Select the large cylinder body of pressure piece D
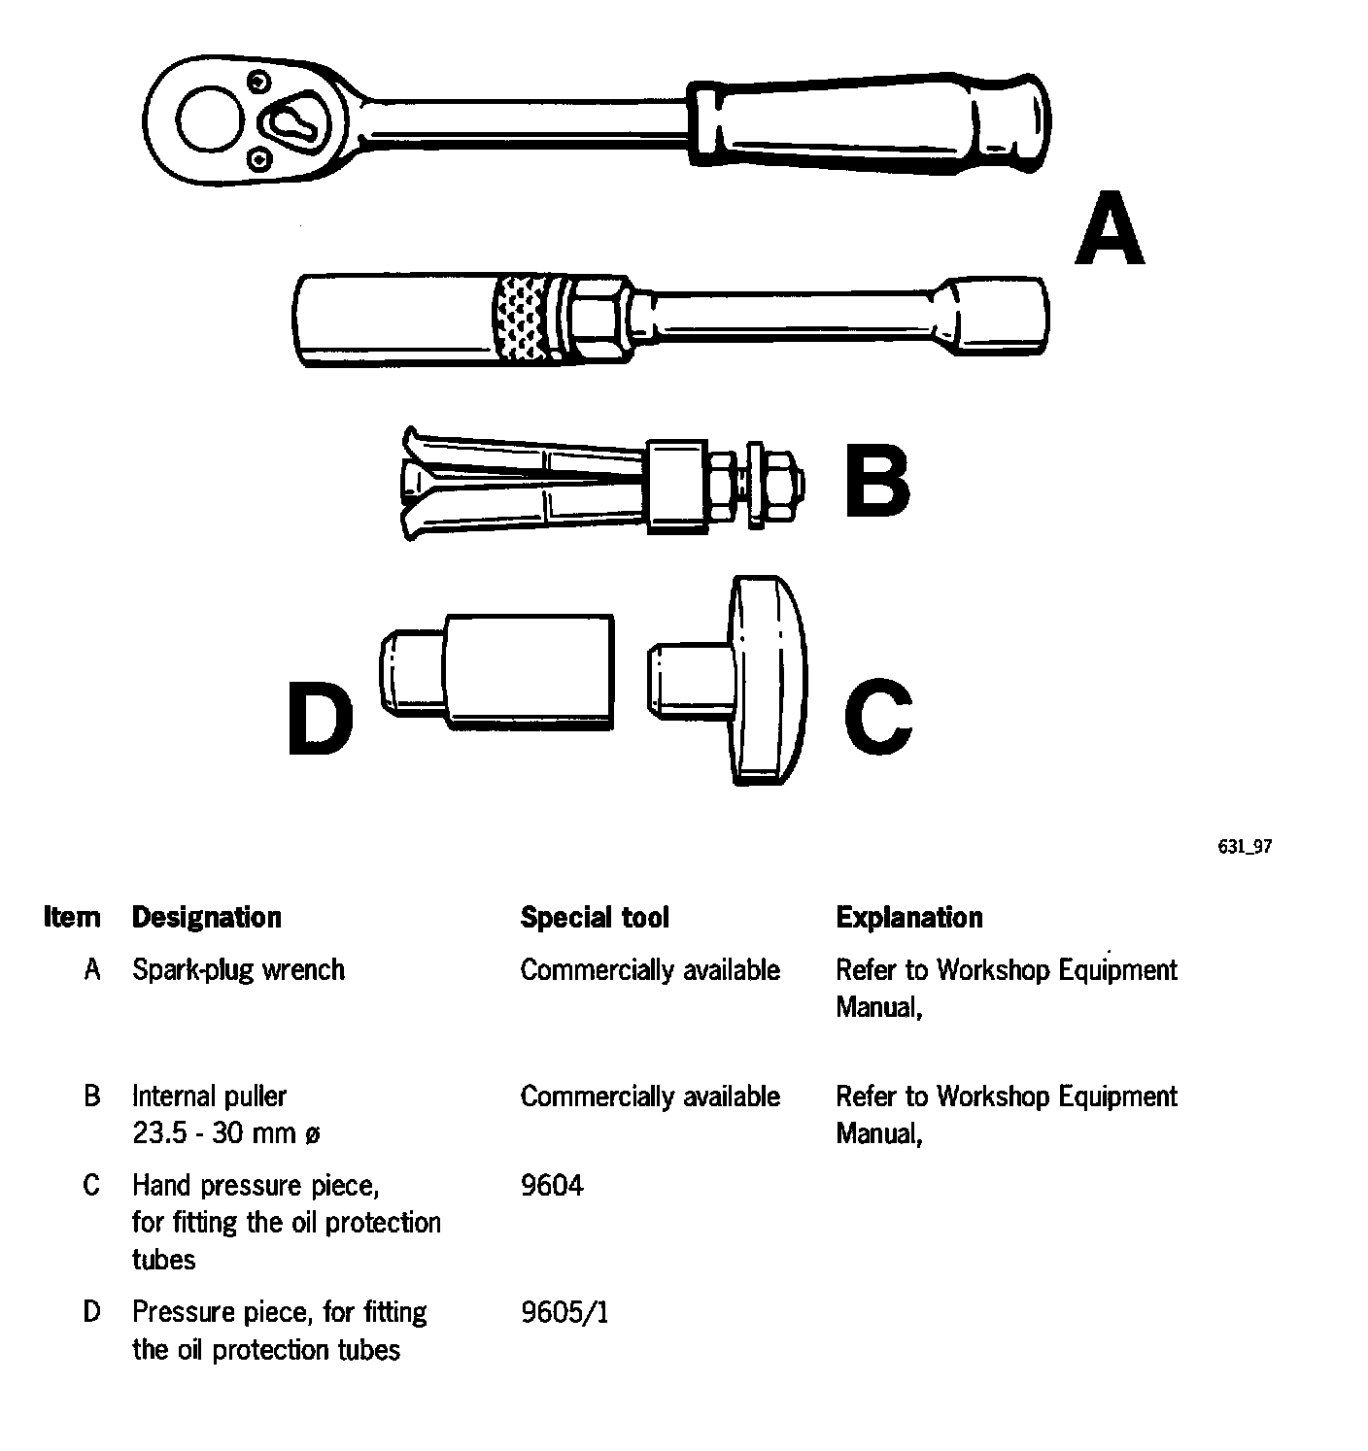tap(530, 671)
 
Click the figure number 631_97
tap(1244, 847)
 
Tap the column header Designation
tap(206, 918)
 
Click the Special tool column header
tap(595, 918)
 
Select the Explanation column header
tap(908, 918)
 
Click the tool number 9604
tap(552, 1186)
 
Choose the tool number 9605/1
tap(564, 1313)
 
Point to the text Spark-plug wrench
tap(238, 970)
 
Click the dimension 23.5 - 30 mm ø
tap(225, 1133)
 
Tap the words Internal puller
tap(209, 1097)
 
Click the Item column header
tap(72, 918)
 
